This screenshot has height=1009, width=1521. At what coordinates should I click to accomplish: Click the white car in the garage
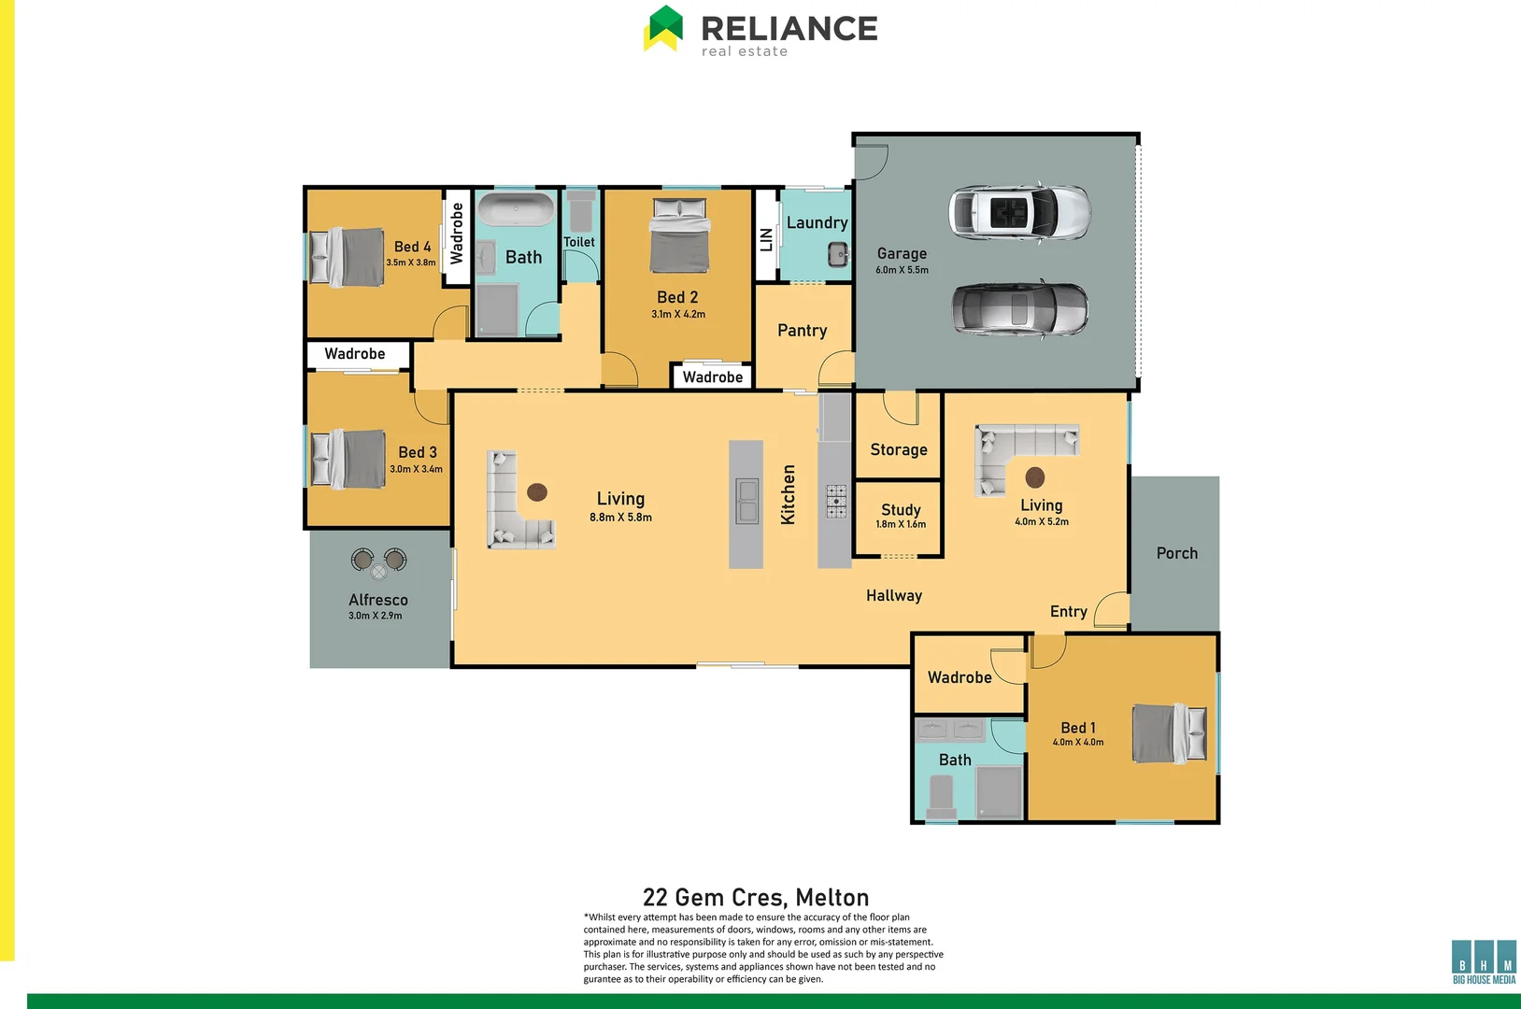pyautogui.click(x=1019, y=212)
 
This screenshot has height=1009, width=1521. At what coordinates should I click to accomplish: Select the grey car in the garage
pyautogui.click(x=1019, y=308)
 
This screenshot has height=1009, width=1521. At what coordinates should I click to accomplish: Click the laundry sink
pyautogui.click(x=838, y=253)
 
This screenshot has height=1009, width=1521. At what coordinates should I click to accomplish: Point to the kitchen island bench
pyautogui.click(x=746, y=504)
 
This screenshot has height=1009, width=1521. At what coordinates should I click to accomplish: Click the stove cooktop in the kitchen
pyautogui.click(x=836, y=501)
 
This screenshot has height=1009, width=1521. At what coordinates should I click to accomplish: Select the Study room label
pyautogui.click(x=901, y=510)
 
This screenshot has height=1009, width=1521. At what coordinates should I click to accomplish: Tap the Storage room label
pyautogui.click(x=899, y=449)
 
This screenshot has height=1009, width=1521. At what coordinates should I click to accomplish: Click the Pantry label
pyautogui.click(x=802, y=331)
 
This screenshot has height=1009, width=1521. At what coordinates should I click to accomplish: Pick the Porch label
pyautogui.click(x=1176, y=553)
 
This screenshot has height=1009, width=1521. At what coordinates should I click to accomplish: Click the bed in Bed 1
pyautogui.click(x=1169, y=733)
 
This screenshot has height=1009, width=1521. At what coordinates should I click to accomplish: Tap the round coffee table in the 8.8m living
pyautogui.click(x=537, y=491)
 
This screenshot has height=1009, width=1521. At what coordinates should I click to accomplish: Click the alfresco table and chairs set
pyautogui.click(x=378, y=563)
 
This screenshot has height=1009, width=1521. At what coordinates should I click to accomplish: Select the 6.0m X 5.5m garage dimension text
pyautogui.click(x=902, y=270)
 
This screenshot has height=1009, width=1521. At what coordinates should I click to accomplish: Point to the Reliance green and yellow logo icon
pyautogui.click(x=663, y=28)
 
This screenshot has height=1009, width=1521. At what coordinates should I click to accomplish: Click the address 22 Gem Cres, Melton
pyautogui.click(x=756, y=898)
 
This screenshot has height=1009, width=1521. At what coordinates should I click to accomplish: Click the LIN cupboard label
pyautogui.click(x=766, y=239)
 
